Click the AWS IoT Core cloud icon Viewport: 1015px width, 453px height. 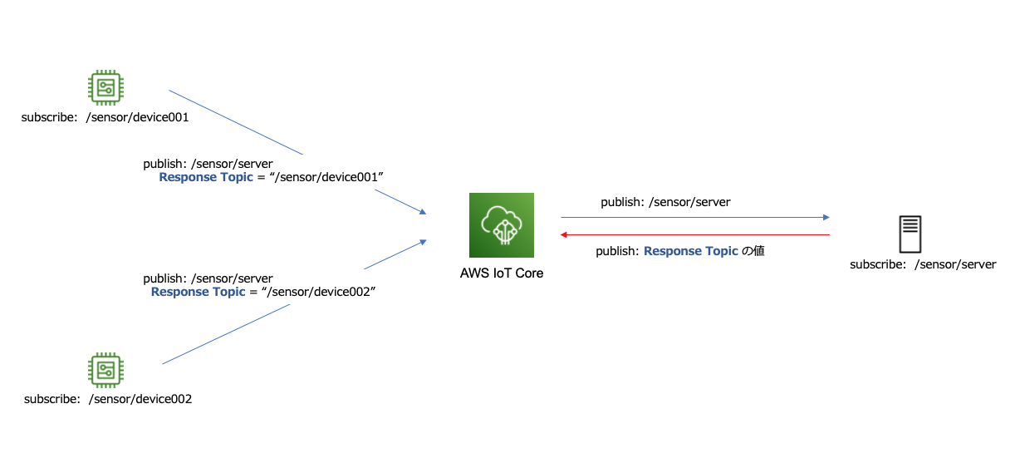(x=502, y=225)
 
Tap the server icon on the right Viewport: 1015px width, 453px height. (x=910, y=234)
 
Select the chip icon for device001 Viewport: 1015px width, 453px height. (x=106, y=87)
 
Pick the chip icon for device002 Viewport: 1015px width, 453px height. (x=106, y=370)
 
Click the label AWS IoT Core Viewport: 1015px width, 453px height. (x=502, y=273)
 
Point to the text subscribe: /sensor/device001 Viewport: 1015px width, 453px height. (x=105, y=117)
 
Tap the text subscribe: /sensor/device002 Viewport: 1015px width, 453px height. (x=108, y=399)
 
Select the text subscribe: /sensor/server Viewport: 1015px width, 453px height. (x=923, y=264)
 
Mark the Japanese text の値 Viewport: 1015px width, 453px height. (x=753, y=250)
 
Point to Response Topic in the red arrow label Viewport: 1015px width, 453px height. (x=691, y=250)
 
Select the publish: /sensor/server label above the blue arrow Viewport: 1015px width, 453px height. (x=665, y=202)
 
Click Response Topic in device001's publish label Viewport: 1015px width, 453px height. (x=206, y=177)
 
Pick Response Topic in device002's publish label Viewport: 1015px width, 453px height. (x=198, y=292)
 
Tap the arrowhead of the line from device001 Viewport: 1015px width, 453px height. (x=423, y=212)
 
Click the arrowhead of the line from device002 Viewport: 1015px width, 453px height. (x=423, y=241)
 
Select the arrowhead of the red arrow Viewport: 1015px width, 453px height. (x=564, y=235)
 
